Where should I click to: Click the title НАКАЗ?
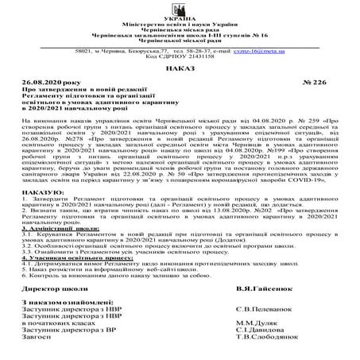(180, 71)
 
